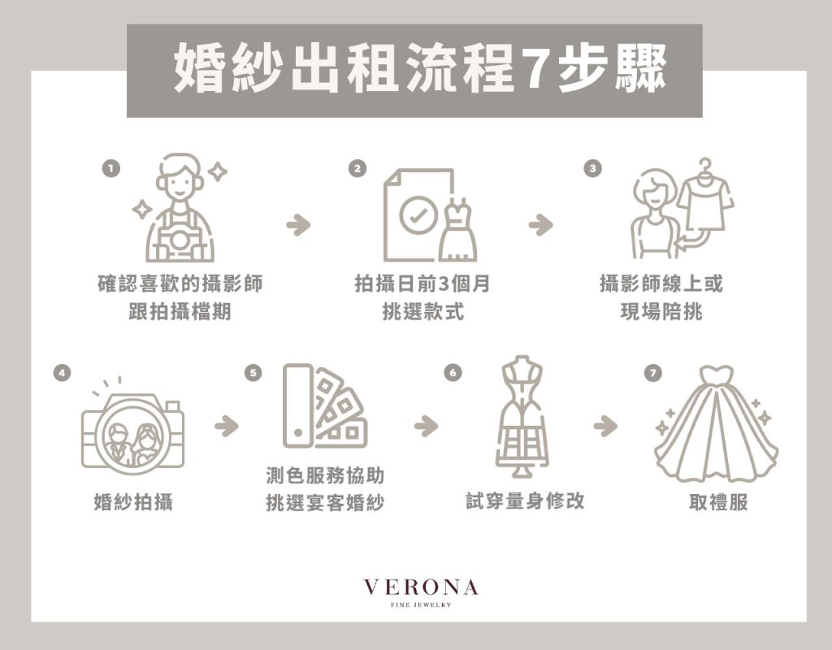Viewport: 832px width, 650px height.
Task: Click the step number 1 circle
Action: pos(110,169)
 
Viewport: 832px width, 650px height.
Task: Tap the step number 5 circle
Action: pos(253,372)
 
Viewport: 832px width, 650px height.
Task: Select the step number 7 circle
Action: pos(653,372)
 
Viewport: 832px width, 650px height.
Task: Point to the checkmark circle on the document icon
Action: pos(418,214)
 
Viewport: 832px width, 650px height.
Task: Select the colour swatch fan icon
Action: pos(325,406)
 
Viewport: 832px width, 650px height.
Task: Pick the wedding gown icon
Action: pos(717,423)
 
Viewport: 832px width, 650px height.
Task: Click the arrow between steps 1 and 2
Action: pos(298,224)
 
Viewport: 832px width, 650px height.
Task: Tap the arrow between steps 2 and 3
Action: pos(540,224)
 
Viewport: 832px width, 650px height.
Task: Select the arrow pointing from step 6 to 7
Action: pos(605,426)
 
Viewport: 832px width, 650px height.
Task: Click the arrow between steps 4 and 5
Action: pos(227,426)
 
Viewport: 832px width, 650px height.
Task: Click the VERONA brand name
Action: pos(421,587)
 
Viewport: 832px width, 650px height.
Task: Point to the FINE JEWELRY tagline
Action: pos(421,604)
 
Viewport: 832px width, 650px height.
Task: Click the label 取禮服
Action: pos(718,501)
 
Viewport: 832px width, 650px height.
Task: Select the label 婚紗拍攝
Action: pos(133,501)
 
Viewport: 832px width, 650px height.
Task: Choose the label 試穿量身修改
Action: pos(525,500)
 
